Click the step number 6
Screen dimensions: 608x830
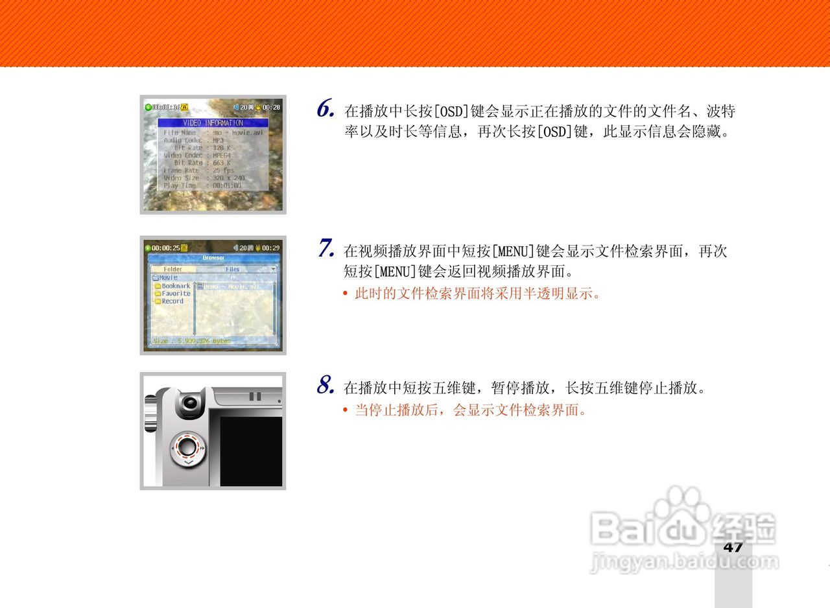point(326,109)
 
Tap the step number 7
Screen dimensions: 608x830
point(326,249)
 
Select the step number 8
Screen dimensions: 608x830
point(326,386)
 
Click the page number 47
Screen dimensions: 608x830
point(733,547)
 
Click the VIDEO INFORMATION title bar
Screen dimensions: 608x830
point(213,123)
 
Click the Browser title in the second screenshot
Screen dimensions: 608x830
point(213,258)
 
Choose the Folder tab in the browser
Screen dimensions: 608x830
point(172,269)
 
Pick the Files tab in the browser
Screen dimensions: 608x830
point(232,269)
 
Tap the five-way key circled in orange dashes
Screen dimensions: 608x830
point(187,447)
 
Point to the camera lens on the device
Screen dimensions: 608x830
point(190,403)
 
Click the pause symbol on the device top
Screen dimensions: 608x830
point(255,396)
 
